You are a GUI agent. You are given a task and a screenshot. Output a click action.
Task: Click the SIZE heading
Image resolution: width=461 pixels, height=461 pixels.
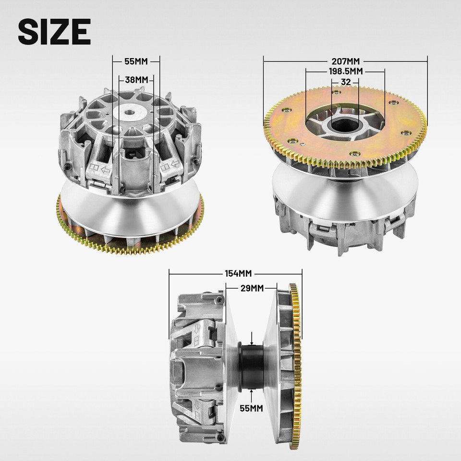coord(54,32)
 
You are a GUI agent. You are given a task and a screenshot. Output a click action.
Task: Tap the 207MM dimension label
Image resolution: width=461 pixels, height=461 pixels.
coord(345,61)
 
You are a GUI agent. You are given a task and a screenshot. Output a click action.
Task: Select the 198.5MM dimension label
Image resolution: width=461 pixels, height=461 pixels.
coord(345,72)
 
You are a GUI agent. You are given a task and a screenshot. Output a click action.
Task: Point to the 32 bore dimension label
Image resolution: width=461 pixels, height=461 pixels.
coord(345,82)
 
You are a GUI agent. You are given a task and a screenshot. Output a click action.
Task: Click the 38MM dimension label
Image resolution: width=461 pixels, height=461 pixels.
coord(136,79)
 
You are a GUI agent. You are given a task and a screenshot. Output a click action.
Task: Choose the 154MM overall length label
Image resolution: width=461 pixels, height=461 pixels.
coord(238,274)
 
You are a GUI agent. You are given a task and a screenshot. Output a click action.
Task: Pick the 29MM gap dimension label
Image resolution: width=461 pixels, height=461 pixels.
coord(252,288)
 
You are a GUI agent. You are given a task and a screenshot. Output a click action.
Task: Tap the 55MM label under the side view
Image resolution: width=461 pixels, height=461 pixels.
coord(251,408)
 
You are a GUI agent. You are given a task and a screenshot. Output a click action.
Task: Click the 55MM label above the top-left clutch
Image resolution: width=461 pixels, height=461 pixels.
coord(136,62)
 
